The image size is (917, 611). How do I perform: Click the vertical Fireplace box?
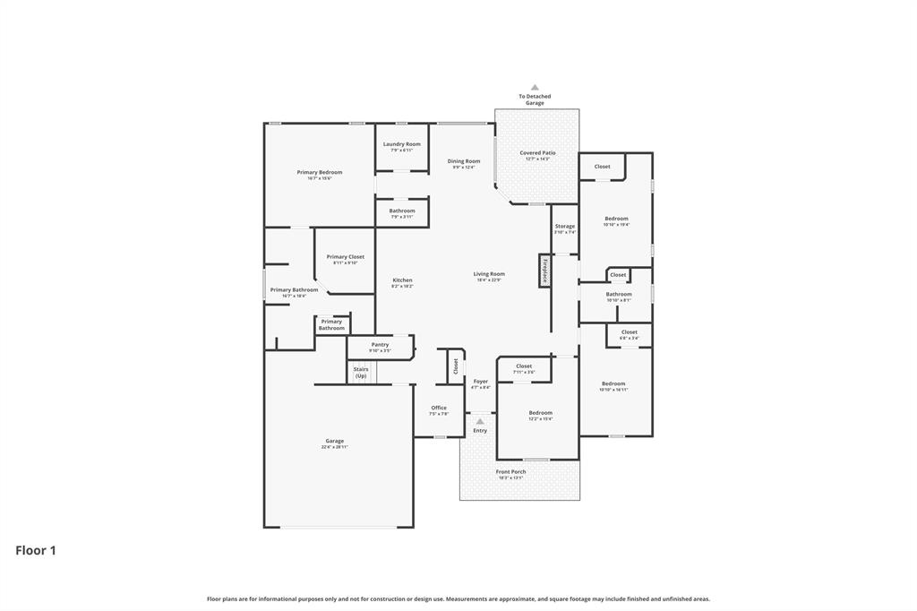point(544,271)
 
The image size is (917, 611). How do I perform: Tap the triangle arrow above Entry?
point(480,421)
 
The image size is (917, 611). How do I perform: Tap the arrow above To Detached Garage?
point(535,88)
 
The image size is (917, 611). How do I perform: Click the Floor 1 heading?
point(36,551)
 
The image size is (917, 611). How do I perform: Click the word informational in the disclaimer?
point(274,599)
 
